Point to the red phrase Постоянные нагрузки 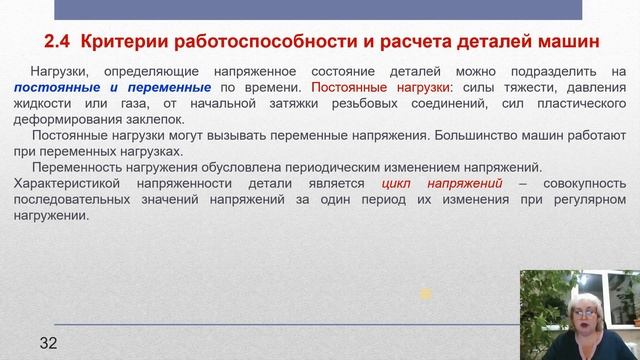coord(365,87)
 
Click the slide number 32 coord(48,317)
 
